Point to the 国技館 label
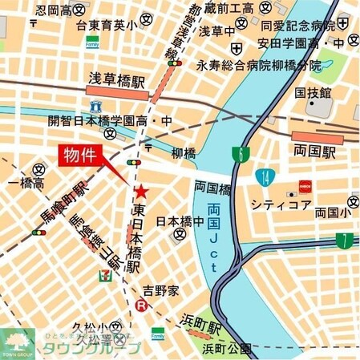pyautogui.click(x=312, y=94)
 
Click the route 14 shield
pyautogui.click(x=264, y=177)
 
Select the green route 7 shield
pyautogui.click(x=344, y=239)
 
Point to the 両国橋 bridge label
pyautogui.click(x=212, y=188)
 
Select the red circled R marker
pyautogui.click(x=142, y=305)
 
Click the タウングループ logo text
pyautogui.click(x=100, y=348)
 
